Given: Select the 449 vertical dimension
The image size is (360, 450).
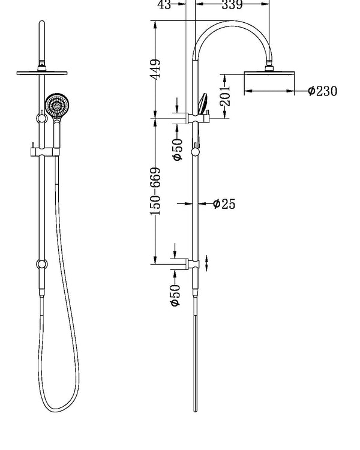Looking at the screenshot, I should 156,69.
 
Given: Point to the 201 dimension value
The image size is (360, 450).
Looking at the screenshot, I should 225,95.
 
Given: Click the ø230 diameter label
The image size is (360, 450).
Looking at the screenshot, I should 322,91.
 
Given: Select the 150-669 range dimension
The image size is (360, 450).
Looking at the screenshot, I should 156,191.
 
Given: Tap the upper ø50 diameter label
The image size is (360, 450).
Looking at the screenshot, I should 177,149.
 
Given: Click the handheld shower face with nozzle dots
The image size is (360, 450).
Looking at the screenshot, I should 56,105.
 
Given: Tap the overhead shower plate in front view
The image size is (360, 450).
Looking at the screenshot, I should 41,73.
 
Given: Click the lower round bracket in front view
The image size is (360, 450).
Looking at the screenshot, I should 41,263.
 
